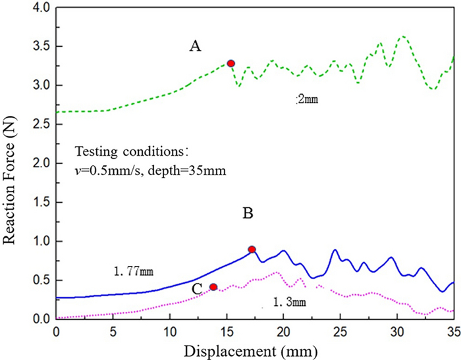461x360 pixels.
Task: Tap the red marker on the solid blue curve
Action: tap(252, 249)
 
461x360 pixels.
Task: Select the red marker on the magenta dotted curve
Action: tap(213, 287)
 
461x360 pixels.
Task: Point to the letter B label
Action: tap(250, 214)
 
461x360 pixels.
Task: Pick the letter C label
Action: tap(197, 288)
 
